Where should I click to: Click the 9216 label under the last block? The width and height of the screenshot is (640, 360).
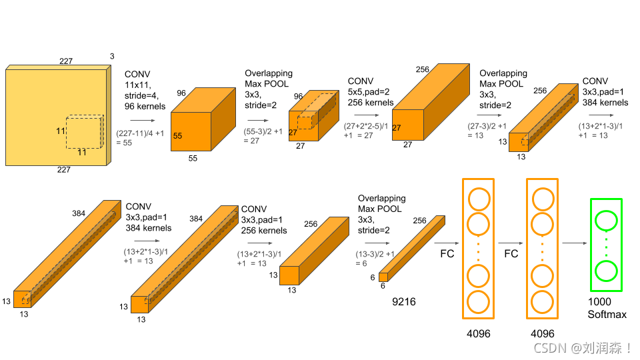pos(403,302)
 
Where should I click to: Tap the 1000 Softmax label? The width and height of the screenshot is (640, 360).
pos(607,308)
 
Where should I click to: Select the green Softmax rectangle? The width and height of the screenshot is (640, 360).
pos(606,245)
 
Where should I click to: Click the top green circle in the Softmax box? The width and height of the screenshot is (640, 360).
pos(606,221)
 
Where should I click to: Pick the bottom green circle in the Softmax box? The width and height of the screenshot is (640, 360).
pos(606,271)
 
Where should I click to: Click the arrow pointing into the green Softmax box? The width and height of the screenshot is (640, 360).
pos(574,243)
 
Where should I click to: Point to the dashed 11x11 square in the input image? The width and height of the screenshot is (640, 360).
pos(84,131)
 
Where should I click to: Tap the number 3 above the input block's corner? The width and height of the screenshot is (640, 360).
pos(111,57)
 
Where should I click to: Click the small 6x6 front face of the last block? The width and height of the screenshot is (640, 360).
pos(383,276)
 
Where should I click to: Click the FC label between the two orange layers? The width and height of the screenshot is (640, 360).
pos(511,254)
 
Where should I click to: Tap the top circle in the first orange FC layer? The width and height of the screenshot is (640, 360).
pos(478,199)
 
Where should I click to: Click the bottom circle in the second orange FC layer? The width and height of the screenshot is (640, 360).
pos(542,301)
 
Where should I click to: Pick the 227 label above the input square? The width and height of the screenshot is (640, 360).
pos(65,61)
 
